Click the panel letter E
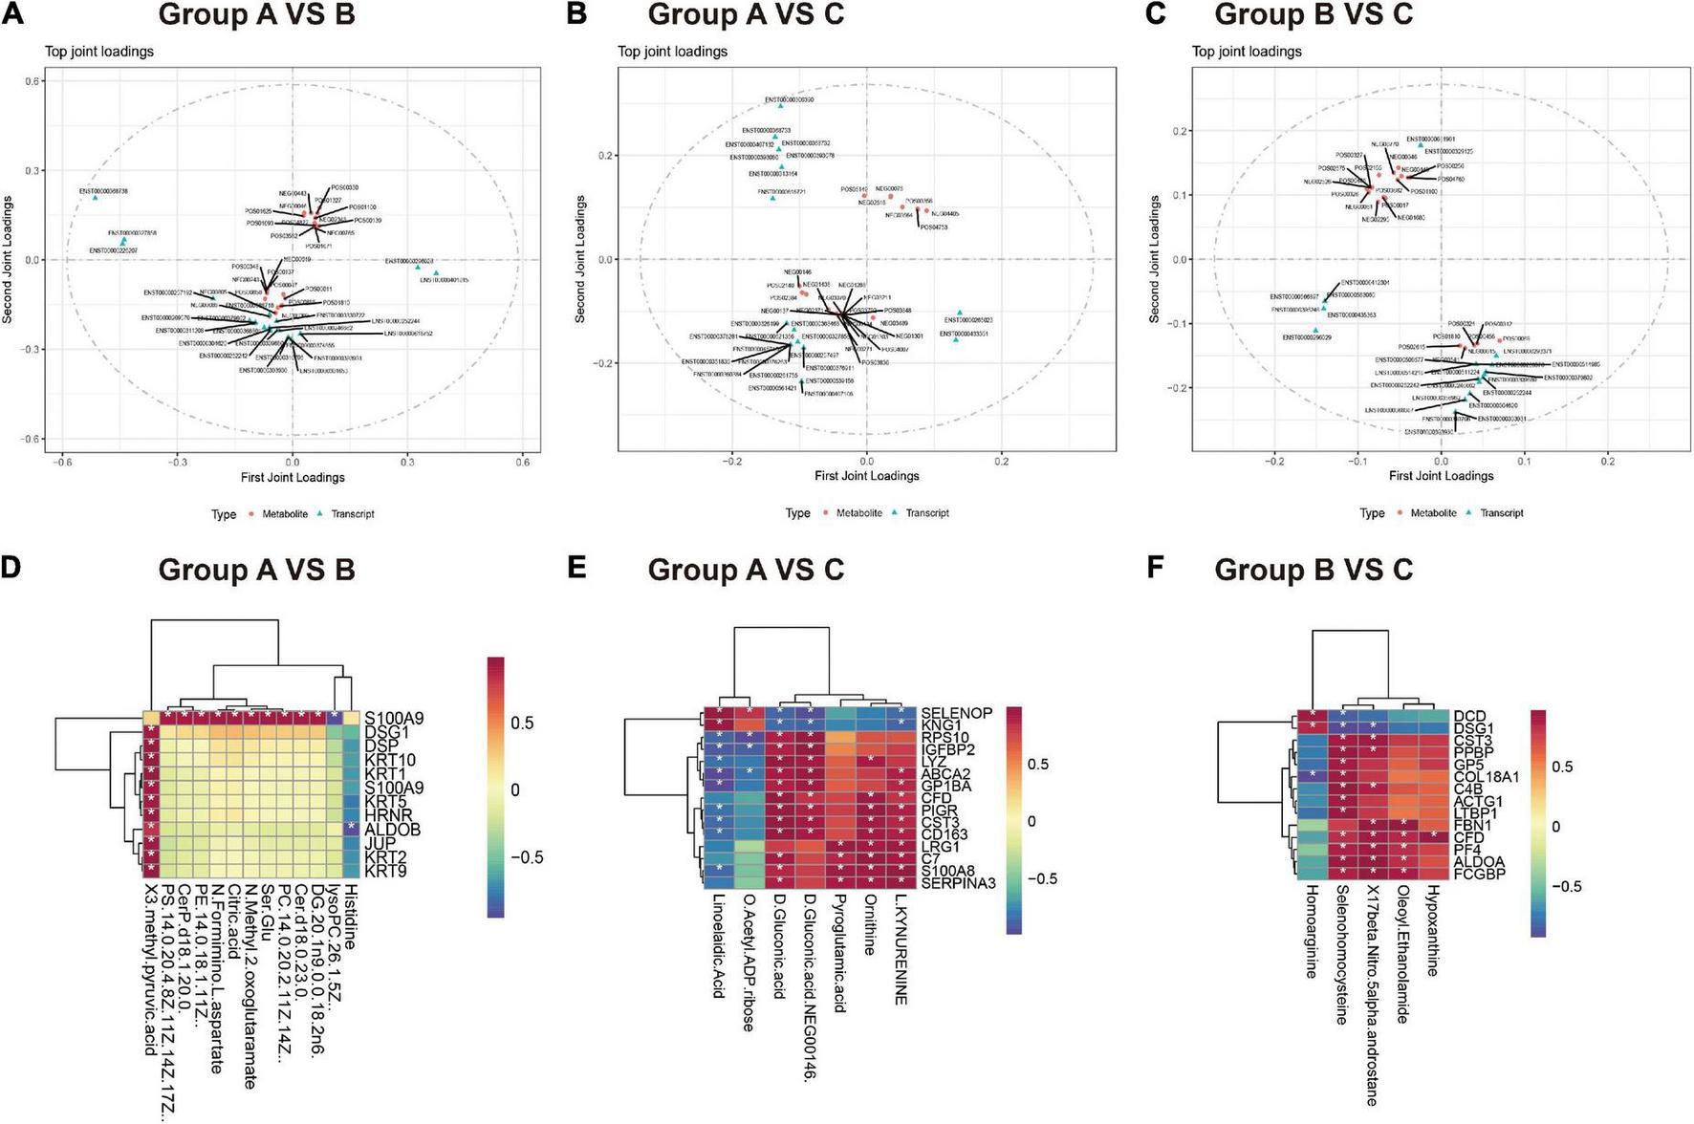pos(577,568)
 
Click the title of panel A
pos(256,15)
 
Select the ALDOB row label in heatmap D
pos(391,829)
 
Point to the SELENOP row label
pos(956,713)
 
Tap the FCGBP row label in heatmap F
pos(1480,873)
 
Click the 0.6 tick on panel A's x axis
pos(523,461)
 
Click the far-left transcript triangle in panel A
pos(96,197)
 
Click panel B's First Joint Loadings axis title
pos(866,475)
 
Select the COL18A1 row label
pos(1486,777)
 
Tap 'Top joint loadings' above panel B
pos(672,52)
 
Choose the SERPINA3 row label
pos(959,882)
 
